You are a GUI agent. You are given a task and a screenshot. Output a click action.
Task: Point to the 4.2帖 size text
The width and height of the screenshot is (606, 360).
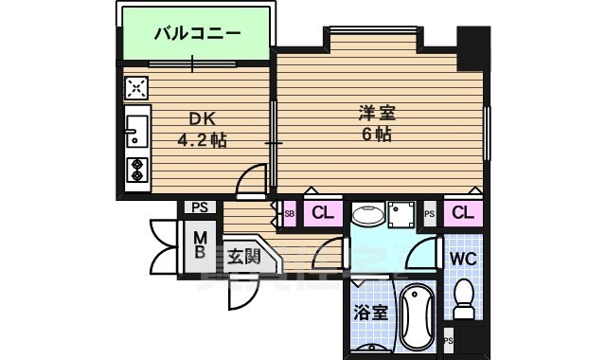click(x=202, y=140)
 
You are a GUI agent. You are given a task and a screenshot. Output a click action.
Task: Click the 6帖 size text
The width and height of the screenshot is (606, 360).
click(x=377, y=135)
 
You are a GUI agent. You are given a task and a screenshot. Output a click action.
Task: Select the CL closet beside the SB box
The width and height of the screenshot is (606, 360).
click(x=321, y=213)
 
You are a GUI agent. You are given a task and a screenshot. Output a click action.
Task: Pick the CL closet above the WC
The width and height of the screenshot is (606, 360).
click(x=462, y=213)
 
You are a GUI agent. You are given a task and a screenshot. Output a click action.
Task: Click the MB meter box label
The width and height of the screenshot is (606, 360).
click(x=201, y=245)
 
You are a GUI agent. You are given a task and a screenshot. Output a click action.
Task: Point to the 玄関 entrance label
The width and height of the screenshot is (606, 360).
click(x=242, y=255)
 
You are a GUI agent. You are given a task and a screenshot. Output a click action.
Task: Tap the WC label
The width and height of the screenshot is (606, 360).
click(x=462, y=259)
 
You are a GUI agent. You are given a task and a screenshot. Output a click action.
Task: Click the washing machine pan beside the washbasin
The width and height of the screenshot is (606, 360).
click(x=401, y=215)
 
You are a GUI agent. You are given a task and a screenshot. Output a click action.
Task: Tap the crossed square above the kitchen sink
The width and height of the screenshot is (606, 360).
click(x=136, y=89)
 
